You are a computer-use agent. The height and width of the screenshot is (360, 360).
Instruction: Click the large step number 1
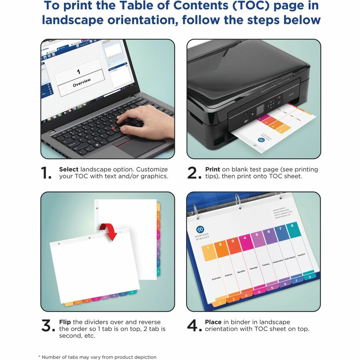point(46,173)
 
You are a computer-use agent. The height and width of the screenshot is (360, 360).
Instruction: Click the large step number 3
point(48,326)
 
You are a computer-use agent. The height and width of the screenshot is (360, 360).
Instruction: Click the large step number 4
point(194,326)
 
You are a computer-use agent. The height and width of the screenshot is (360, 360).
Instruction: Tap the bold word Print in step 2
point(212,169)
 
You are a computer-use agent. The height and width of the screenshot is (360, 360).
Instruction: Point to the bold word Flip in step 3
point(65,322)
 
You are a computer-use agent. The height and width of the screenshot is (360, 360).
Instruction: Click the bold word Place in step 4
point(213,322)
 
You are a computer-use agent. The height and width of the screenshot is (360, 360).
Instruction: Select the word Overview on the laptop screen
point(82,83)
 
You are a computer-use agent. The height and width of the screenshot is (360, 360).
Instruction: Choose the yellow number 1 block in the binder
point(208,253)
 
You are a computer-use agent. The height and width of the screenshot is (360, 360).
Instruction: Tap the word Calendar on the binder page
point(254,268)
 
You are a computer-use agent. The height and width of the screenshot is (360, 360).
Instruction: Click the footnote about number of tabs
point(97,357)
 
